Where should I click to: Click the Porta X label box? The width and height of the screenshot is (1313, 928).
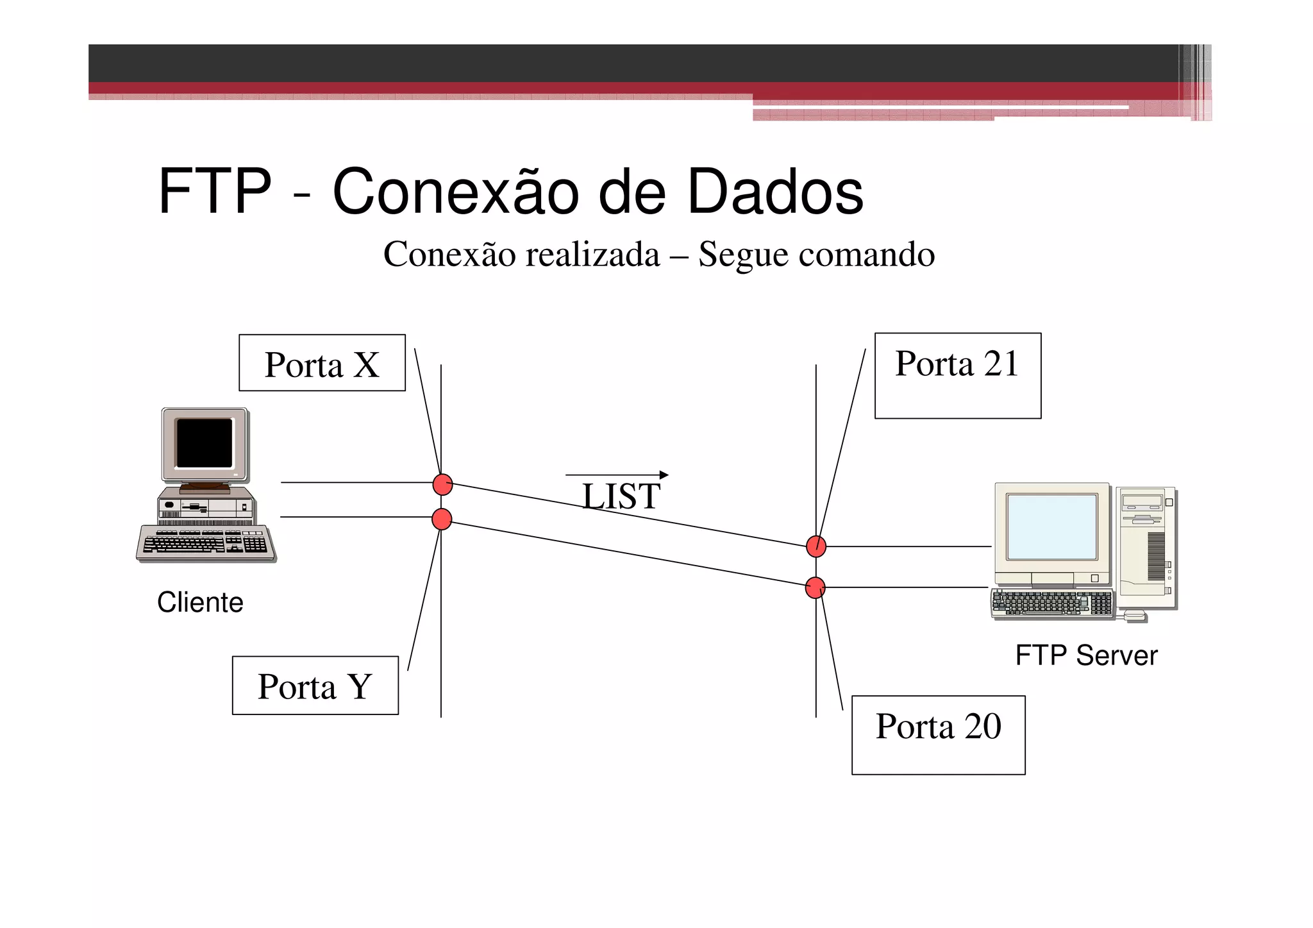pos(322,363)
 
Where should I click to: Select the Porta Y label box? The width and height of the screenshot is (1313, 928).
pos(315,685)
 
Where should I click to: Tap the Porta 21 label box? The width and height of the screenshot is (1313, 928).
pos(957,375)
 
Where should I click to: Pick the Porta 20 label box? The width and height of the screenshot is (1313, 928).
pos(938,734)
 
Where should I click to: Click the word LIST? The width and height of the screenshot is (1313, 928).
pos(621,496)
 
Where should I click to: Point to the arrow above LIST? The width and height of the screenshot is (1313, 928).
pos(617,475)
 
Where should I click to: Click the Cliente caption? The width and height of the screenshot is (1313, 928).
pos(200,602)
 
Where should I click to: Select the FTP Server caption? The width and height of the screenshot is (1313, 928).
pos(1086,655)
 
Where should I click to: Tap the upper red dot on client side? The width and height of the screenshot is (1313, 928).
pos(442,484)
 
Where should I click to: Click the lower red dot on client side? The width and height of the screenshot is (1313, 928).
pos(442,519)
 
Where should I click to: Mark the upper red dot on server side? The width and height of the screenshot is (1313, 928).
pos(816,546)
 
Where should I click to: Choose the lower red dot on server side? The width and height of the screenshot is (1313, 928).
pos(815,587)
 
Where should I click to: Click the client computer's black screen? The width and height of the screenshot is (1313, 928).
pos(205,443)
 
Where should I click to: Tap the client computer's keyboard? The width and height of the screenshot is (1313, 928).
pos(205,543)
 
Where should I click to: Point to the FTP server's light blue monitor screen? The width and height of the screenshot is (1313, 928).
pos(1051,527)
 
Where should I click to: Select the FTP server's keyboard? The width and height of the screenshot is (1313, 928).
pos(1051,603)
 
